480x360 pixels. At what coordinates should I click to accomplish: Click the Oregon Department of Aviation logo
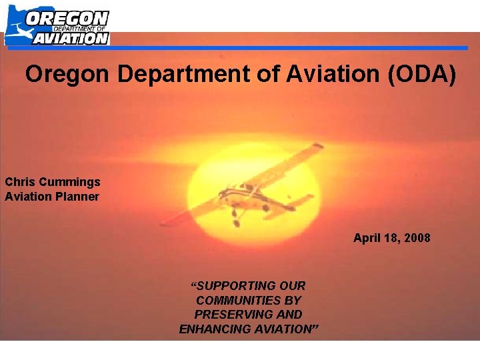57,26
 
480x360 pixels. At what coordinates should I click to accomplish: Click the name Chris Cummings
53,181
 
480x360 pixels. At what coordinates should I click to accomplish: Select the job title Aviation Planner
51,196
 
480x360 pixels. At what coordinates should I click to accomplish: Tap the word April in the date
367,238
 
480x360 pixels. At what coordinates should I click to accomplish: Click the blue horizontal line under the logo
287,48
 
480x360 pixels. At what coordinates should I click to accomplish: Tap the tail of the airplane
300,200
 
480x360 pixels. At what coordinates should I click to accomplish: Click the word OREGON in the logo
67,17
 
